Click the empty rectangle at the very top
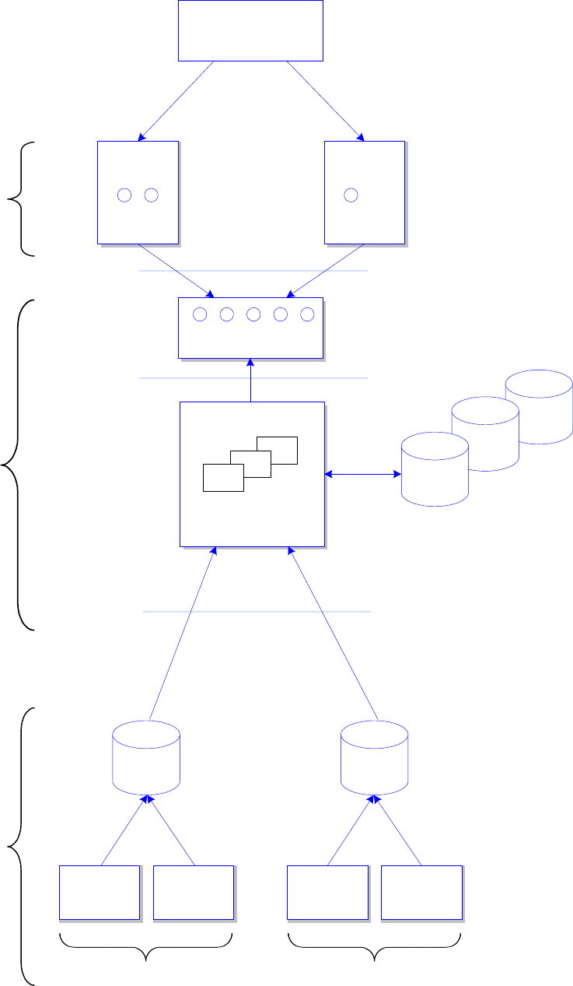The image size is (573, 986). coord(250,30)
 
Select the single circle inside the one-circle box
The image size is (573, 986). coord(351,195)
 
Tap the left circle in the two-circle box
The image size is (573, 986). coord(124,195)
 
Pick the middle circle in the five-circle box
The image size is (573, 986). coord(253,314)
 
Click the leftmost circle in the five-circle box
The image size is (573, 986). coord(200,314)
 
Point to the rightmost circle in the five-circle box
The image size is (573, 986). coord(307,314)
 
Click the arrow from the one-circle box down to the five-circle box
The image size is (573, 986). coord(327,271)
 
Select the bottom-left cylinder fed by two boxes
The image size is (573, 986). coord(146,757)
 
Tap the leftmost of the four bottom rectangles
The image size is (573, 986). coord(100,892)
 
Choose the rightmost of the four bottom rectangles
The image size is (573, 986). coord(421,892)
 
